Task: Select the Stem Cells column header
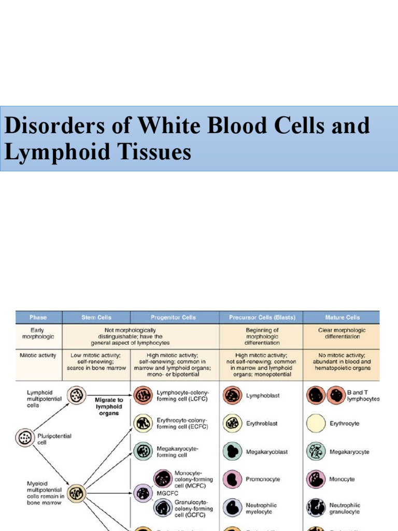[x=96, y=317]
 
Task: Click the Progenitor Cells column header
[x=175, y=317]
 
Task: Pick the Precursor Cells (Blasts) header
[x=261, y=317]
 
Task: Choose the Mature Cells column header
[x=341, y=317]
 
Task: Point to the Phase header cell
[x=38, y=317]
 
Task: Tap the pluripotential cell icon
[x=24, y=438]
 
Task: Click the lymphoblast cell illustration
[x=232, y=396]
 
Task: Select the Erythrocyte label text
[x=344, y=424]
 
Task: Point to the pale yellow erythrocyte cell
[x=316, y=424]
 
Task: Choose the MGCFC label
[x=167, y=494]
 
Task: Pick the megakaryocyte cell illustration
[x=315, y=452]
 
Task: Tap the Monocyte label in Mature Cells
[x=342, y=479]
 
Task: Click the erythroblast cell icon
[x=232, y=424]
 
